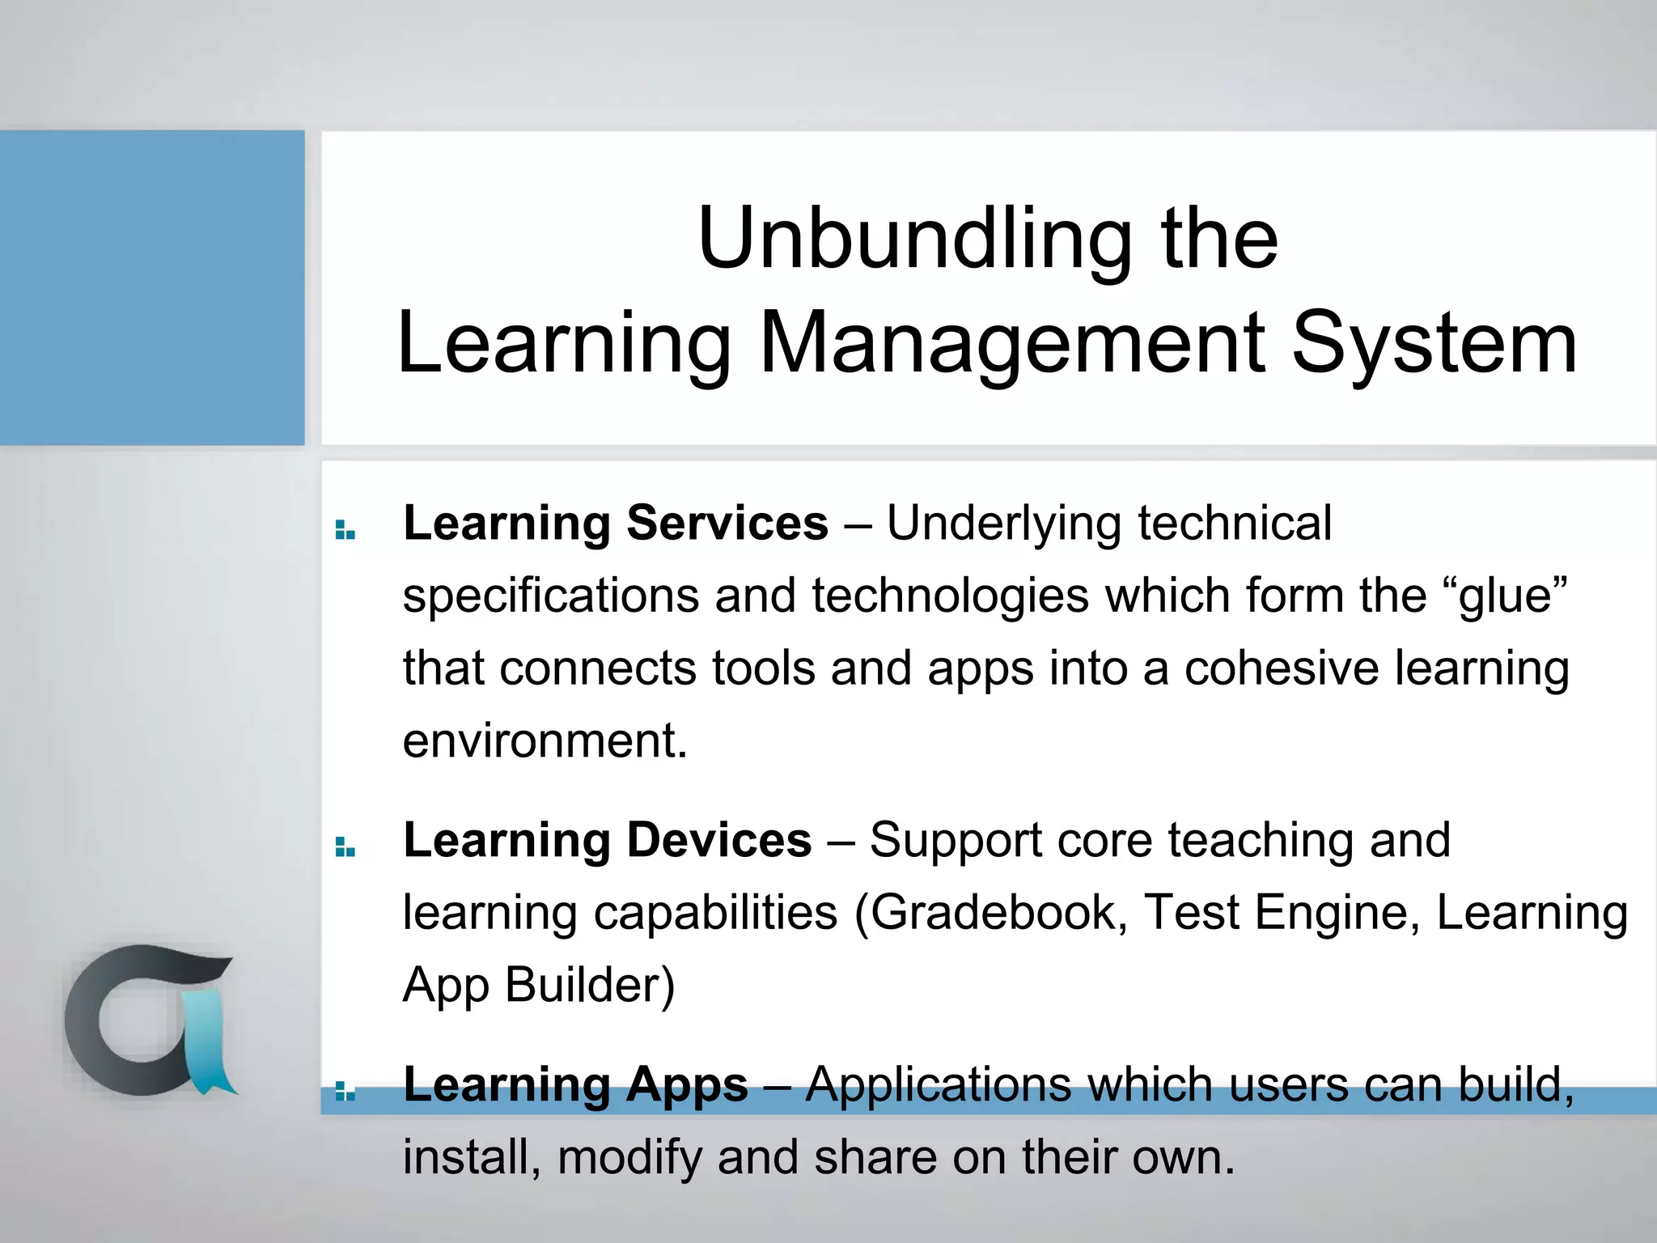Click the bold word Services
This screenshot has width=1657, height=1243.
[727, 523]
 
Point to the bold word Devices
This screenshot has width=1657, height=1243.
[718, 840]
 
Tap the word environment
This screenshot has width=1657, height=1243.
[544, 740]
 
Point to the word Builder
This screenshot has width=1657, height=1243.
[589, 986]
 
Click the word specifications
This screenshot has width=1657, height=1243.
[550, 597]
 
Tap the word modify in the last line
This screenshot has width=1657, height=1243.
[629, 1157]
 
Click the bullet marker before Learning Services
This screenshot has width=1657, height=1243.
[345, 530]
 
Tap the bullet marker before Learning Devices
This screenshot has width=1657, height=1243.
[345, 847]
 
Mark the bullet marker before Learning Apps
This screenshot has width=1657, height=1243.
[345, 1092]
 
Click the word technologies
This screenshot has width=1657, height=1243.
[951, 597]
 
